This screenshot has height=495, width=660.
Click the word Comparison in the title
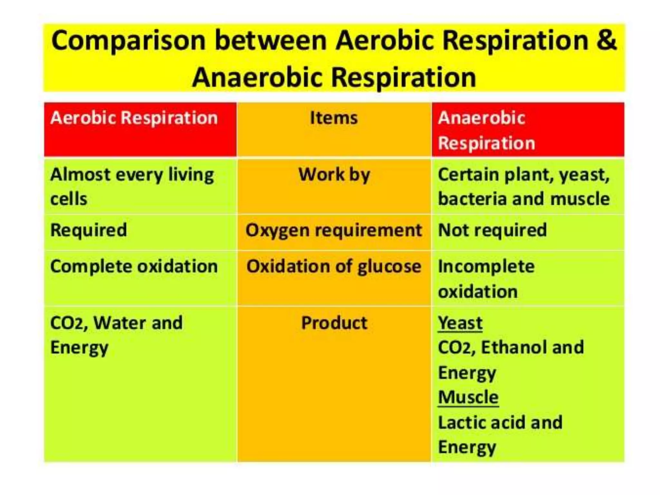(x=129, y=41)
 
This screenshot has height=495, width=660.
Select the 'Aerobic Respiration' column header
(x=134, y=118)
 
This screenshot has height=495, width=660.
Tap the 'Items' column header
(x=334, y=118)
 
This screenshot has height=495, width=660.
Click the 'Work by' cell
(x=334, y=175)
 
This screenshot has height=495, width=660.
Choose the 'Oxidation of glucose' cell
(x=334, y=267)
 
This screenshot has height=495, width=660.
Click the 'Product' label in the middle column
(x=334, y=323)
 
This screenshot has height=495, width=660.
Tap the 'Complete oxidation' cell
(x=134, y=267)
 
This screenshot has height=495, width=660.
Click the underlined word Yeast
(x=460, y=323)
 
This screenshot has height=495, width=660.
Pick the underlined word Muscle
(x=468, y=397)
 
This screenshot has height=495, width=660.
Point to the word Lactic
(x=461, y=422)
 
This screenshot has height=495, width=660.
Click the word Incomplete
(x=486, y=267)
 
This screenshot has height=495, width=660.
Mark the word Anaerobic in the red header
(x=481, y=118)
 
